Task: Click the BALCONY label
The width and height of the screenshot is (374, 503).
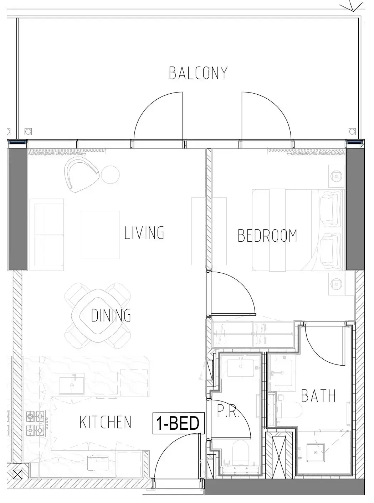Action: point(198,73)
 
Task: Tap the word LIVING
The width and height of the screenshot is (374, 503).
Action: point(144,233)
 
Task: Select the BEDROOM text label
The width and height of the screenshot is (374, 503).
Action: point(267,236)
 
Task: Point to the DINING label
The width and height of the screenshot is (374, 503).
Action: point(111,315)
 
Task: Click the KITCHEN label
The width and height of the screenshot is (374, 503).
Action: point(106,422)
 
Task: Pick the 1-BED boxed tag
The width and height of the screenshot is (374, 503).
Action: point(178,423)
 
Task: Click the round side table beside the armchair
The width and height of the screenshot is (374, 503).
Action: point(110,175)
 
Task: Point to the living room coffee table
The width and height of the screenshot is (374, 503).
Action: point(100,235)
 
